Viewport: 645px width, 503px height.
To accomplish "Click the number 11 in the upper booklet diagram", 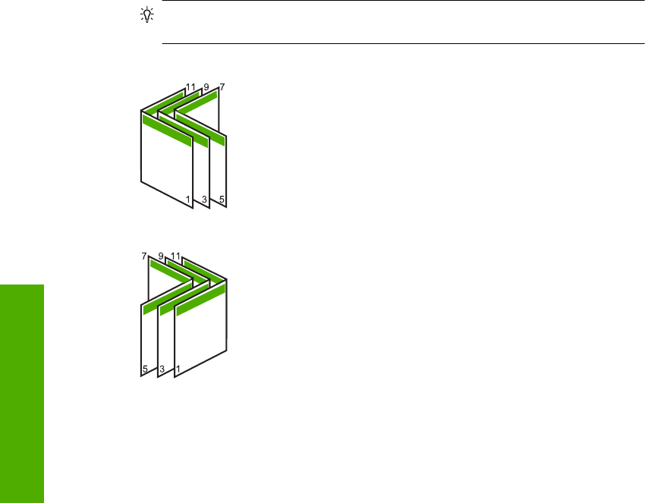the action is [190, 86].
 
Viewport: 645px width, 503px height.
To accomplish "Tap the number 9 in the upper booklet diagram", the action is [205, 86].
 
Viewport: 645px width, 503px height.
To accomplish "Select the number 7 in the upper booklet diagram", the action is [221, 86].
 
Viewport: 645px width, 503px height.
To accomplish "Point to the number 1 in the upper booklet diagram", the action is [188, 200].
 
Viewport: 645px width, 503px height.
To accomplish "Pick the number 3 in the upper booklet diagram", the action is [204, 200].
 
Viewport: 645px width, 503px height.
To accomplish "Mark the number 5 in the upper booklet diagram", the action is [221, 200].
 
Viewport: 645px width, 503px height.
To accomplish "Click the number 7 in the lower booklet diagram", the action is [143, 256].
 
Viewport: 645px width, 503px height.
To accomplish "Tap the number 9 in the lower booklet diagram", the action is [161, 256].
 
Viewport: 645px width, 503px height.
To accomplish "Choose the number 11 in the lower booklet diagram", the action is [176, 256].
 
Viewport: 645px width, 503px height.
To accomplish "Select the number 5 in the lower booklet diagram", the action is [144, 369].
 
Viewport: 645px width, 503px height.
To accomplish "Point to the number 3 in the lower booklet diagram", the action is [161, 369].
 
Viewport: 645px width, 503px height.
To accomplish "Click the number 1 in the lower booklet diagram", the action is [178, 369].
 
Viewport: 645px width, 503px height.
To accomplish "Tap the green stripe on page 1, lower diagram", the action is [202, 297].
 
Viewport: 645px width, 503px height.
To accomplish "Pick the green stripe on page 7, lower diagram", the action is [168, 271].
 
